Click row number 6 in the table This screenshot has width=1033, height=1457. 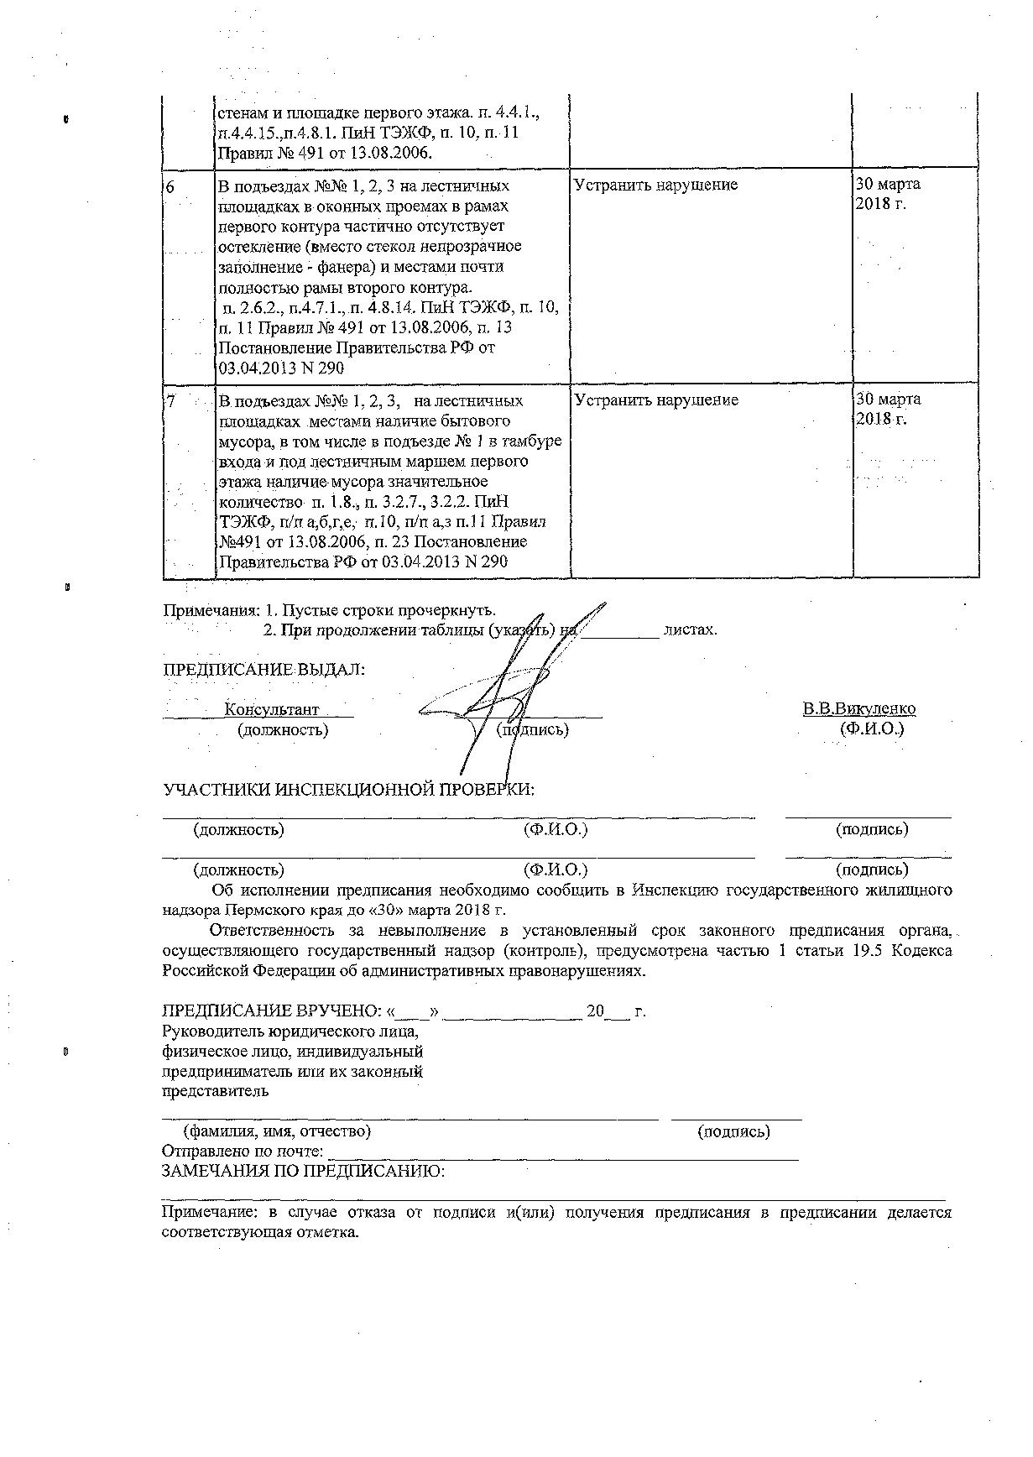pos(170,186)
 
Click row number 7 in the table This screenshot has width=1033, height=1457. pos(171,401)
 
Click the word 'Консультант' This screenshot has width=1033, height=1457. pos(272,709)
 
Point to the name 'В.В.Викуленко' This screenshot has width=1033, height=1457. pos(858,709)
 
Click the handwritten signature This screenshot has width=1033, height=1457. pos(503,688)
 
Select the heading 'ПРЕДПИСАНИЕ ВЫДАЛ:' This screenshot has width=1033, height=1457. pos(263,670)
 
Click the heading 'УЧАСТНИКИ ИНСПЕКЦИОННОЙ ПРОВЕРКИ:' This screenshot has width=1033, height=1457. pos(348,790)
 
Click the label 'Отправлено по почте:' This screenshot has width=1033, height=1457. pos(242,1151)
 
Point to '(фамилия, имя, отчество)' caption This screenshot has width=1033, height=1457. pos(277,1131)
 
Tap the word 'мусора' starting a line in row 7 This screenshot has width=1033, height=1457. pos(243,441)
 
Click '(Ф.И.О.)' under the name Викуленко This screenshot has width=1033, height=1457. pos(872,729)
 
